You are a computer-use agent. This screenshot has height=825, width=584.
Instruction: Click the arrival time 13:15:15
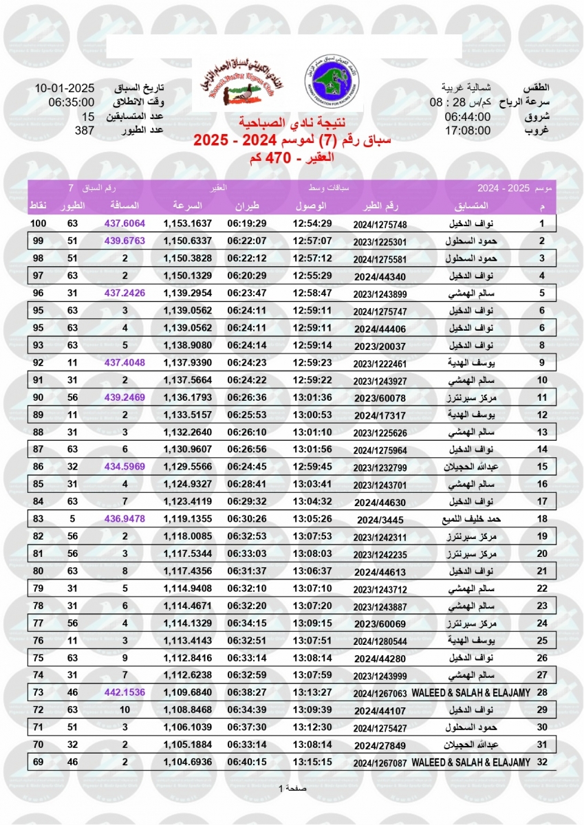tap(312, 762)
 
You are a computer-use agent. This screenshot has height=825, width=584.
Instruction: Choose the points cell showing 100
tap(38, 223)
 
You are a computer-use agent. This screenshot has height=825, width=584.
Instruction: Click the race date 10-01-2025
tap(64, 88)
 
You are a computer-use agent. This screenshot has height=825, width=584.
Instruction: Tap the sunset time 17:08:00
tap(468, 130)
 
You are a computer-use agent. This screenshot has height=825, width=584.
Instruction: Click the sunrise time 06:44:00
tap(468, 116)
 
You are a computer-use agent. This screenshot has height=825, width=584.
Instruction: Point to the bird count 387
tap(84, 130)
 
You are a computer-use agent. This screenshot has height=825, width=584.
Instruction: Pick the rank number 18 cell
tap(541, 519)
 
